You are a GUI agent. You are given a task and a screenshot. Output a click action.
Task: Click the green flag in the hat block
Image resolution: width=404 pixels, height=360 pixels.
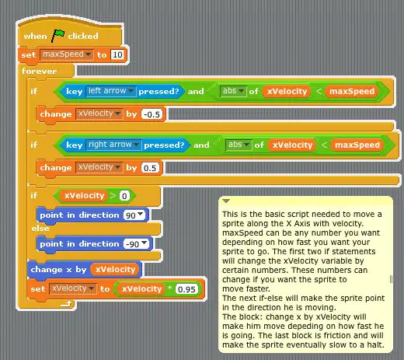(57, 35)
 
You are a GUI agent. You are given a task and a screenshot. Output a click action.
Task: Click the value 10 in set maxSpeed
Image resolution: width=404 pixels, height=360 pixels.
(117, 54)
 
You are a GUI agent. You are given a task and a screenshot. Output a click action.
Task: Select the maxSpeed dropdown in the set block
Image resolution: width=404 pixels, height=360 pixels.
(67, 54)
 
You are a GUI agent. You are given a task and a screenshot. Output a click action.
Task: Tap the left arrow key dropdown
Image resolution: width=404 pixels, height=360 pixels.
(111, 91)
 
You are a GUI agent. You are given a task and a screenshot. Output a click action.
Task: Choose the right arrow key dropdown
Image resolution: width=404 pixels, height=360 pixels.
(113, 145)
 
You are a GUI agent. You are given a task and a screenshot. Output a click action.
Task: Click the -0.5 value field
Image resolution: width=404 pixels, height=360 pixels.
(151, 114)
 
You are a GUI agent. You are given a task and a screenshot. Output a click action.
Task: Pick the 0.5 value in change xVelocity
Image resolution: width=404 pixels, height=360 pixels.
(150, 168)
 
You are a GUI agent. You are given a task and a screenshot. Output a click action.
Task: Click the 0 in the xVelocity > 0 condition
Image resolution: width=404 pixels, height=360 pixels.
(124, 196)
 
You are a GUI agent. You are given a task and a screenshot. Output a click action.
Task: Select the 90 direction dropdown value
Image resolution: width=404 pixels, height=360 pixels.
(134, 215)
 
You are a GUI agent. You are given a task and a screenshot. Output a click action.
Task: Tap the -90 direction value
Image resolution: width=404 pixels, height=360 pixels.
(136, 244)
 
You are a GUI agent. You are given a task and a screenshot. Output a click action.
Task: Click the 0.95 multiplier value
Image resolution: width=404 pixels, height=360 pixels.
(186, 289)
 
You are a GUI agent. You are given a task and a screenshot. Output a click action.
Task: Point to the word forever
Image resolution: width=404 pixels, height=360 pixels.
(39, 71)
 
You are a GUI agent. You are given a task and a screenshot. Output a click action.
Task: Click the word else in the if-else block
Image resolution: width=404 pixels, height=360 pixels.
(40, 229)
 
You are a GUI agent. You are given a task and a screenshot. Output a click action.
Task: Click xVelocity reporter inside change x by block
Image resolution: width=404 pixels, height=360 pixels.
(116, 270)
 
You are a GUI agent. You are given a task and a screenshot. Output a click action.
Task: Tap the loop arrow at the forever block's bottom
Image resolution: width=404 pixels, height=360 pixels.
(66, 304)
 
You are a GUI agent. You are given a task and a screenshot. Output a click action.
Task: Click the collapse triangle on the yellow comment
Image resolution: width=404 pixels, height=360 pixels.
(226, 201)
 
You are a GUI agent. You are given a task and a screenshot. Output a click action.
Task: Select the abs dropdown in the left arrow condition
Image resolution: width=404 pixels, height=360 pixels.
(233, 91)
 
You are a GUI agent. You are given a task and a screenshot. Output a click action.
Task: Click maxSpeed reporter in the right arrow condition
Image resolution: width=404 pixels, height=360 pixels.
(357, 145)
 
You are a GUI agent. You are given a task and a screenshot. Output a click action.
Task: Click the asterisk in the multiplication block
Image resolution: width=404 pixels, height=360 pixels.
(169, 288)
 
